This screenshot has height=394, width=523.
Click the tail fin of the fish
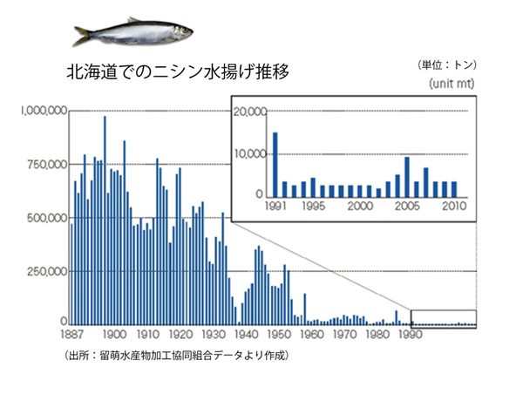[x=83, y=35]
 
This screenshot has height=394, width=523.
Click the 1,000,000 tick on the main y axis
[x=44, y=111]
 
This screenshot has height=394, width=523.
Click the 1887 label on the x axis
[x=71, y=334]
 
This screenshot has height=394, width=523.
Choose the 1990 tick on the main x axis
[x=410, y=334]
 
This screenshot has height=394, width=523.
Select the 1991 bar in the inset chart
[x=275, y=164]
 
